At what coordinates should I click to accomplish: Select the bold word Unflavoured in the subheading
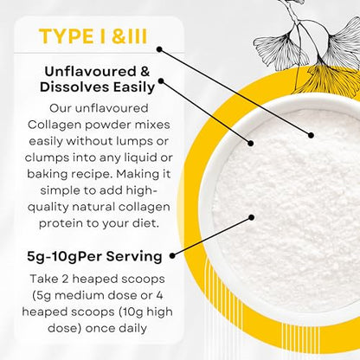90,72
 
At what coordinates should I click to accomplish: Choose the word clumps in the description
47,158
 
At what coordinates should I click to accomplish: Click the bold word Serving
134,257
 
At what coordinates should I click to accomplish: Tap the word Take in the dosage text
43,279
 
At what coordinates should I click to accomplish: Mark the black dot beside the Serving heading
172,255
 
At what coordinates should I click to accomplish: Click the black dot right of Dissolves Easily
161,81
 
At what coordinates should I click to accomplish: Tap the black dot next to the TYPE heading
159,49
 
